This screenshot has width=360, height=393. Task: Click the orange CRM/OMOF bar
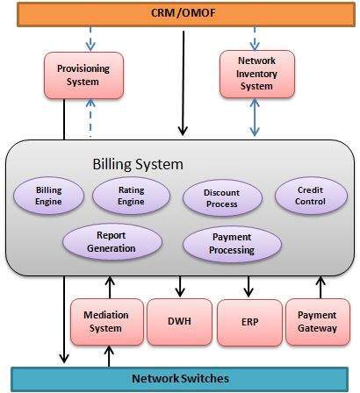179,13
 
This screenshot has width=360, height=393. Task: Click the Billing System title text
138,164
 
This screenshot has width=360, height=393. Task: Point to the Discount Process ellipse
220,197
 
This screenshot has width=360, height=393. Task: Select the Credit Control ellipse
311,195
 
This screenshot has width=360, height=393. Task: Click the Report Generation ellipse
111,241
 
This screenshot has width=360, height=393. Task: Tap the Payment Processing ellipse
232,243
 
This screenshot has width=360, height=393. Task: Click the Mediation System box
105,321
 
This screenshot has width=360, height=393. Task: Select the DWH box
179,322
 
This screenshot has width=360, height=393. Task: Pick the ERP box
248,322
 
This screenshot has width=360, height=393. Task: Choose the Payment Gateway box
318,321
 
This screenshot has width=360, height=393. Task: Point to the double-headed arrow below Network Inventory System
254,117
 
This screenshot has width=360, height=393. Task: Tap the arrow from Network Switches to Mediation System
109,355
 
